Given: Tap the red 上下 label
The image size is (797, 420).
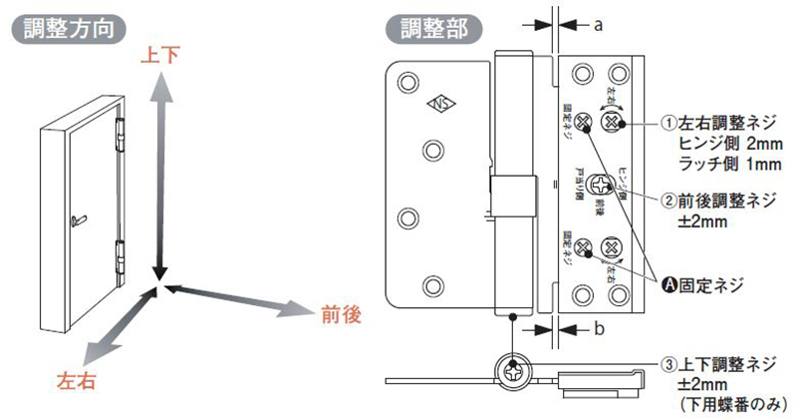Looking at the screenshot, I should pyautogui.click(x=160, y=56).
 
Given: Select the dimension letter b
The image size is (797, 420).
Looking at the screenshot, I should pyautogui.click(x=599, y=328).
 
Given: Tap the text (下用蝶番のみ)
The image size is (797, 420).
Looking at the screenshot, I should pyautogui.click(x=735, y=405).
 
